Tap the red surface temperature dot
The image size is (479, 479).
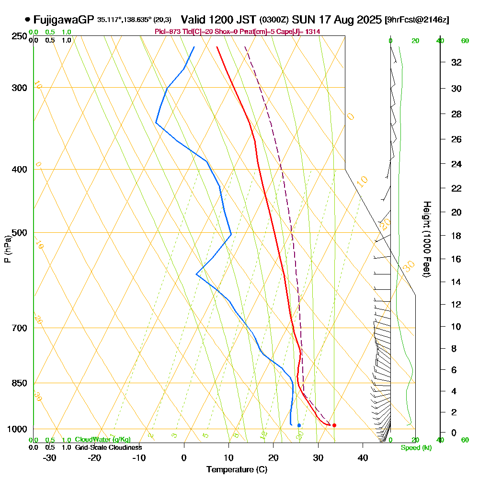point(334,425)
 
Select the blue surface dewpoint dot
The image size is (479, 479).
point(299,425)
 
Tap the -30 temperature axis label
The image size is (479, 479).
point(50,457)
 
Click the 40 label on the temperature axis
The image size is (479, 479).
point(363,457)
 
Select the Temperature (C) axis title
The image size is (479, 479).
point(237,469)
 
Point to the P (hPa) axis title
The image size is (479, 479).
point(7,249)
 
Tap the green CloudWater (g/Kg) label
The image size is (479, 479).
point(103,440)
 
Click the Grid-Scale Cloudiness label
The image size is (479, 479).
point(108,447)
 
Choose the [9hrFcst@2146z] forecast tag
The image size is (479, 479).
point(417,20)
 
